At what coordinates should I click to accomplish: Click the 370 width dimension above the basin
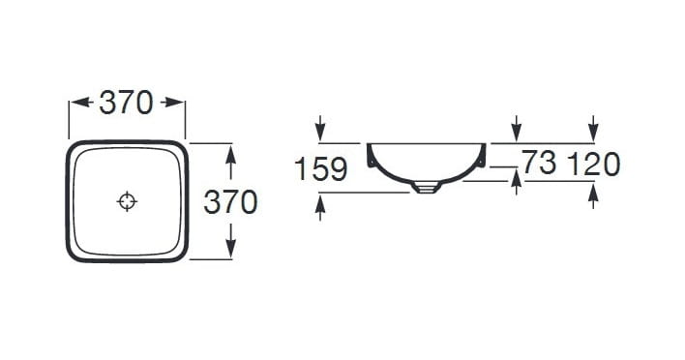[x=126, y=104]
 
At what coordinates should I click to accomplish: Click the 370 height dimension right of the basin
[x=230, y=202]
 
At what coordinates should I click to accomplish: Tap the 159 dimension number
[x=321, y=169]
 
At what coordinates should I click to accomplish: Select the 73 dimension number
[x=540, y=162]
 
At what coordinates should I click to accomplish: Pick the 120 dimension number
[x=594, y=165]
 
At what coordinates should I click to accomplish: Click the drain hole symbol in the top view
[x=127, y=201]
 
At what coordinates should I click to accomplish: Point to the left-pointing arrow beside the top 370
[x=81, y=103]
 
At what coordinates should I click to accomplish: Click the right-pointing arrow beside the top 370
[x=172, y=103]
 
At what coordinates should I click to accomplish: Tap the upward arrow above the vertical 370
[x=231, y=162]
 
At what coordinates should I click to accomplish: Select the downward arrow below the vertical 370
[x=231, y=241]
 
